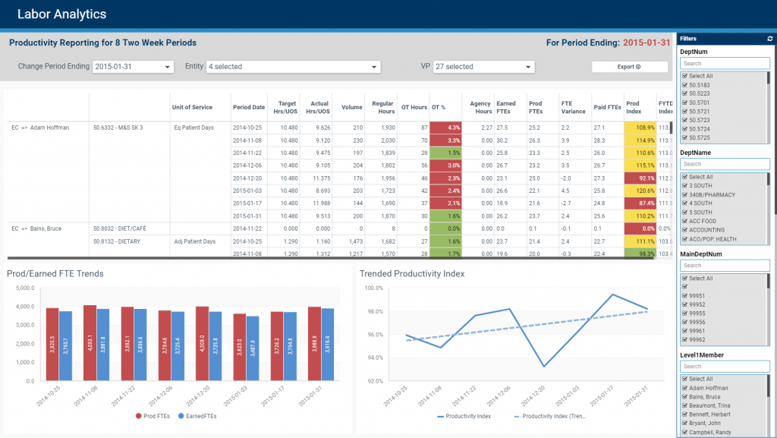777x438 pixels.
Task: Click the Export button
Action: pyautogui.click(x=629, y=67)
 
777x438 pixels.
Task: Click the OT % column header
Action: pyautogui.click(x=438, y=107)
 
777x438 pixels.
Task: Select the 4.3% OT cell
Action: pyautogui.click(x=445, y=128)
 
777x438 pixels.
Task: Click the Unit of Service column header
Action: pyautogui.click(x=192, y=107)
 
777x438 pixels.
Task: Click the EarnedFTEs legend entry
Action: pyautogui.click(x=197, y=416)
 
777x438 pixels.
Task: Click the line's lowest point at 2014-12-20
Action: pyautogui.click(x=544, y=367)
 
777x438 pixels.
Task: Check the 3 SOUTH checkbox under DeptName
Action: pyautogui.click(x=685, y=186)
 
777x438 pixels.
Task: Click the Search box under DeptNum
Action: pyautogui.click(x=725, y=64)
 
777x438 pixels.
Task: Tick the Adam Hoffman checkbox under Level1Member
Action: pyautogui.click(x=685, y=388)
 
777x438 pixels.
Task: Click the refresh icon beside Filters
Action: pyautogui.click(x=770, y=38)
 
